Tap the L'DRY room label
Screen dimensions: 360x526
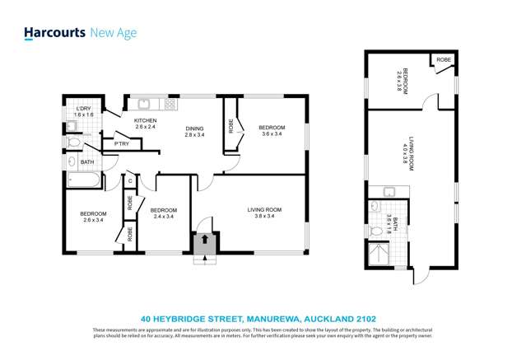pos(82,110)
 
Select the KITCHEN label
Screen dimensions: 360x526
pos(146,120)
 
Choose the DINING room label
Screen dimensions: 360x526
pos(194,128)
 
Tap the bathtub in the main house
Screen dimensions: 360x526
pos(83,179)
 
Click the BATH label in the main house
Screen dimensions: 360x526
pos(86,162)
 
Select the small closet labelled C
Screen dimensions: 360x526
pos(130,180)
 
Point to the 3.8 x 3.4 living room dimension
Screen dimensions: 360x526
pos(264,217)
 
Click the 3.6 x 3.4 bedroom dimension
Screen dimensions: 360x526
pos(272,134)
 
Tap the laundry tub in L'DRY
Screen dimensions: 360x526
pos(72,126)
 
